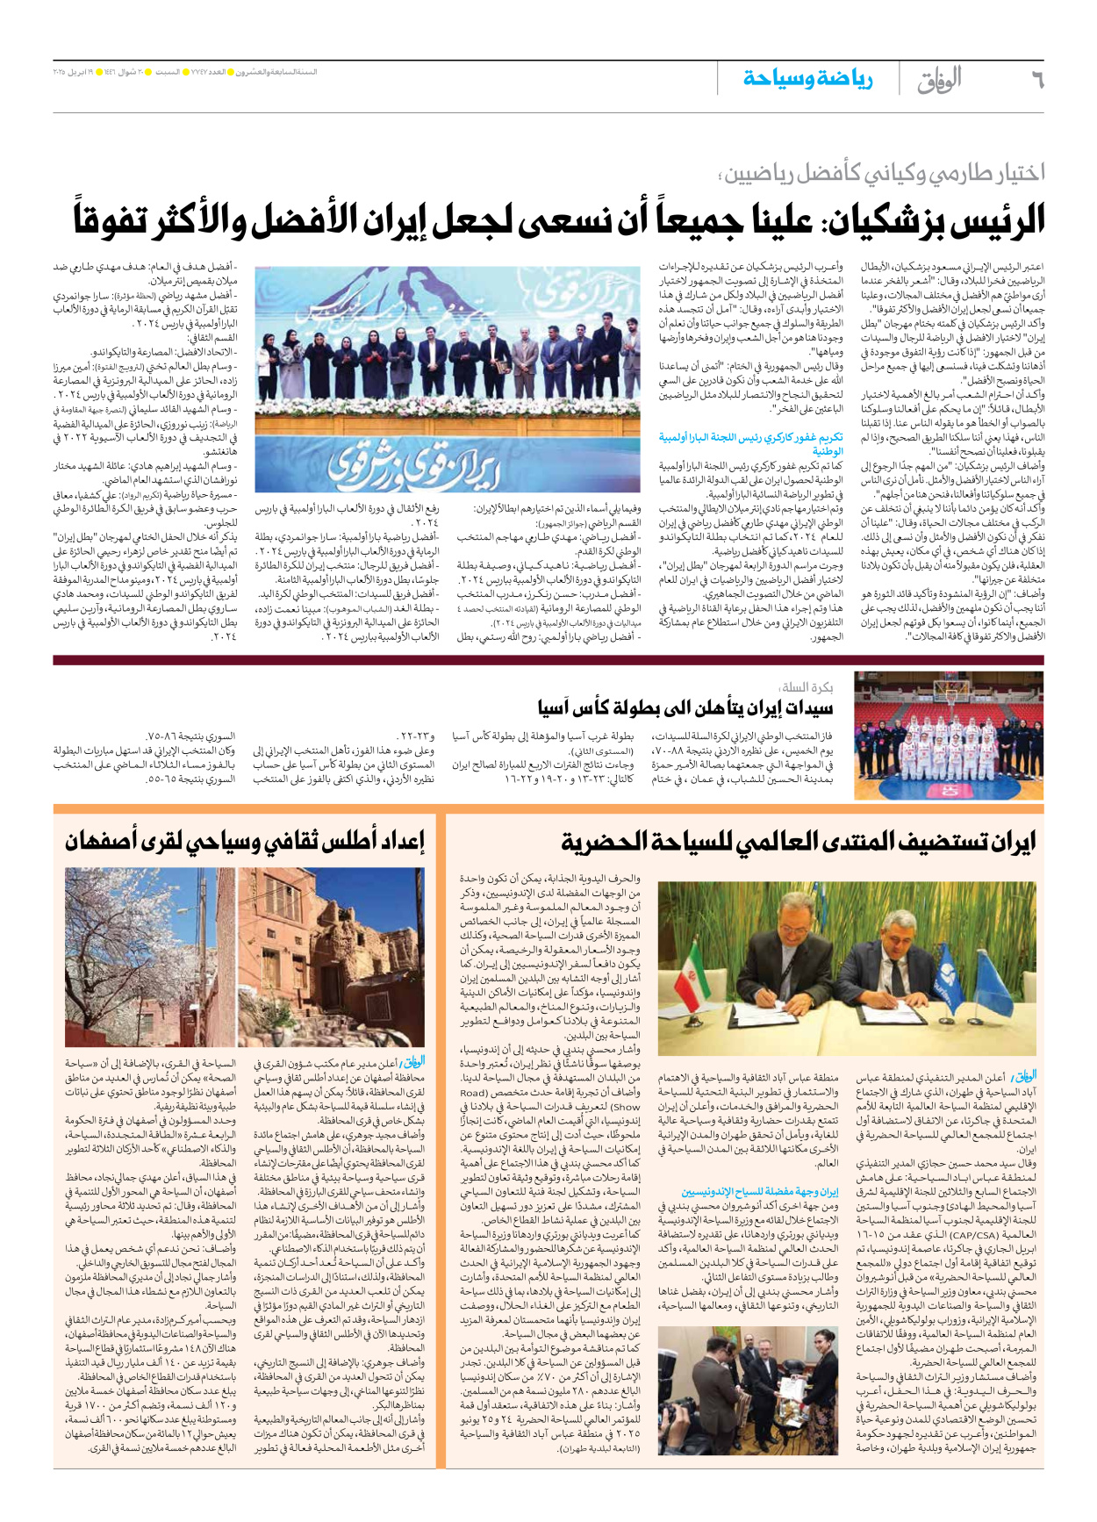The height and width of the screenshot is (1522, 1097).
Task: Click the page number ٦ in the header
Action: tap(1036, 79)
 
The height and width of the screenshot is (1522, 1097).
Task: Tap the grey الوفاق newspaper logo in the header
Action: tap(938, 80)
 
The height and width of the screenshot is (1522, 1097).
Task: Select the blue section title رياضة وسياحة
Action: tap(807, 79)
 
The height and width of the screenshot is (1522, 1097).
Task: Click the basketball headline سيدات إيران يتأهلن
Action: tap(685, 707)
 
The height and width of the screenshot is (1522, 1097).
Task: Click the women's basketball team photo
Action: tap(949, 736)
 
